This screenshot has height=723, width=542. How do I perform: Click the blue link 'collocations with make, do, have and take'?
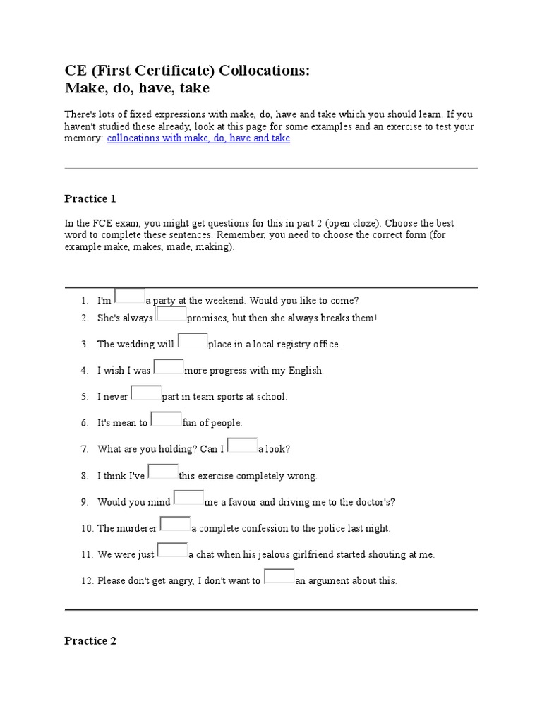(198, 138)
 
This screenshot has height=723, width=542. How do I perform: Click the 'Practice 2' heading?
(90, 641)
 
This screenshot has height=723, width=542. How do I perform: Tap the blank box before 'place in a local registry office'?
(193, 341)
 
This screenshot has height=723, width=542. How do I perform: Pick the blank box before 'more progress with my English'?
(169, 367)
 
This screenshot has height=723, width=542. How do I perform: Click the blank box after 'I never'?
(146, 393)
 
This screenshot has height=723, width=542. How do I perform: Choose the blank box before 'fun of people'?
(166, 419)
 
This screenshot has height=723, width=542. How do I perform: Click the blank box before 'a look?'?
(243, 446)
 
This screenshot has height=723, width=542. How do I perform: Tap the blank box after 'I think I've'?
(163, 472)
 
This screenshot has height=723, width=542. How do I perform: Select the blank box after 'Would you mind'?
(188, 498)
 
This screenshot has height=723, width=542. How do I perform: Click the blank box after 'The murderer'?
(175, 525)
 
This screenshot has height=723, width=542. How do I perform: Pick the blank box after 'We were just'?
(172, 551)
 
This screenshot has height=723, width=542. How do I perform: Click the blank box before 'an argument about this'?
(279, 577)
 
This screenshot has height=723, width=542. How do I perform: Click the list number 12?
(86, 581)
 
